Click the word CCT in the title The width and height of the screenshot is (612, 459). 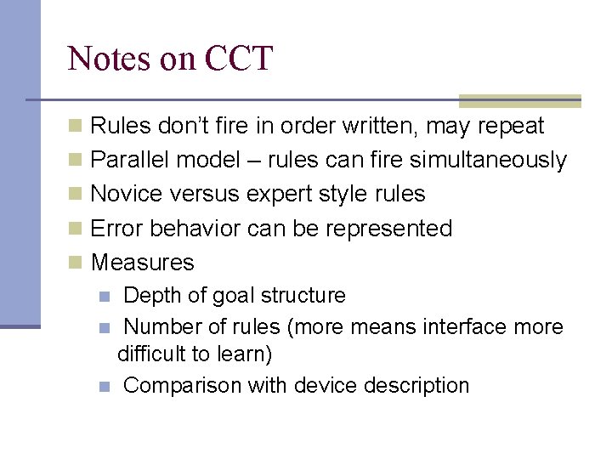(239, 59)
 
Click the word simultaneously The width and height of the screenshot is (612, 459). (488, 160)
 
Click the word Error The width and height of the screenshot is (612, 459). (115, 228)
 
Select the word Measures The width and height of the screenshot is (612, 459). (142, 262)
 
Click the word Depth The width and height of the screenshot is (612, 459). (152, 296)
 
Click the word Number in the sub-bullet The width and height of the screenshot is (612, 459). (159, 326)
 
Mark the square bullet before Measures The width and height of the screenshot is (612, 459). (76, 263)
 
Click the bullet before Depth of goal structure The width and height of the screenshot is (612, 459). (104, 297)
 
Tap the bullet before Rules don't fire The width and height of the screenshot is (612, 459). (76, 127)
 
